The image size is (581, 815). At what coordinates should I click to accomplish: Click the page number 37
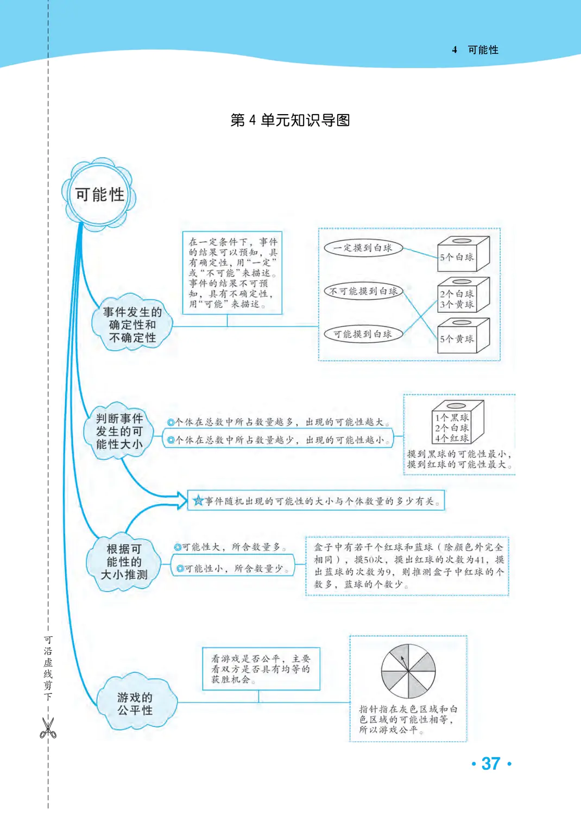[x=491, y=763]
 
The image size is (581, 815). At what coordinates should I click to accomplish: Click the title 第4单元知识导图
[x=290, y=120]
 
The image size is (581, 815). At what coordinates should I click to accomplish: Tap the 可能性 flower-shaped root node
[x=99, y=194]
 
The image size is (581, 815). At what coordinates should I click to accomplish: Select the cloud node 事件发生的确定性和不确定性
[x=132, y=324]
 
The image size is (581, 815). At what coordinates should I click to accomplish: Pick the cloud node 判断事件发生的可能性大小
[x=119, y=431]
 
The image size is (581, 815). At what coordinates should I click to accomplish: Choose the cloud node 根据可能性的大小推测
[x=124, y=561]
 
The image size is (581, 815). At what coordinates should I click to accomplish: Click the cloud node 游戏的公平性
[x=135, y=704]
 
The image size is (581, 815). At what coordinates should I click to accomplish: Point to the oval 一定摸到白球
[x=363, y=248]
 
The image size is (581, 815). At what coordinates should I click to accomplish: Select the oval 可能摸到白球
[x=363, y=334]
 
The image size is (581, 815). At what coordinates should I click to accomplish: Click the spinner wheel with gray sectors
[x=408, y=672]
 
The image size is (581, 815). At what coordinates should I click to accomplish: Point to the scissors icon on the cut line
[x=48, y=728]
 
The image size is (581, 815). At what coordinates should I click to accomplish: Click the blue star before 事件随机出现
[x=198, y=501]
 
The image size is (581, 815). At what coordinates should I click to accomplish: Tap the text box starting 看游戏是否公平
[x=261, y=669]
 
